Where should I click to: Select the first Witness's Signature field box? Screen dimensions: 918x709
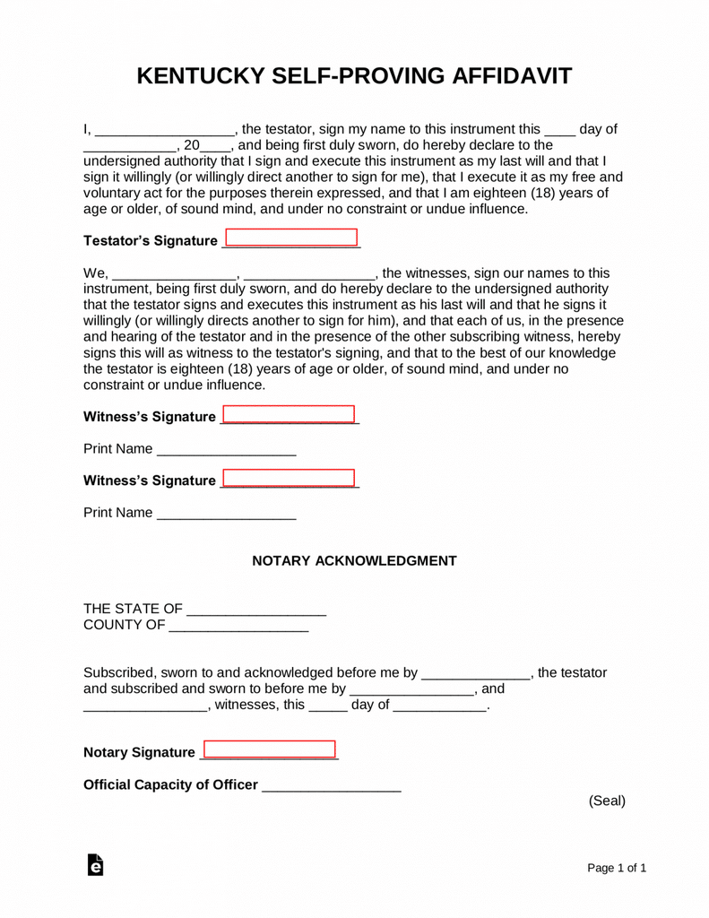(289, 416)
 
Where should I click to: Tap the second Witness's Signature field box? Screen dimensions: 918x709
(288, 479)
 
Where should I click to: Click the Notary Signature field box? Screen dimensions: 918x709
(270, 750)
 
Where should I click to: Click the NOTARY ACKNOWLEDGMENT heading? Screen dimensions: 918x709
(354, 561)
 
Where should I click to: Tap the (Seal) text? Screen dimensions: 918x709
(606, 801)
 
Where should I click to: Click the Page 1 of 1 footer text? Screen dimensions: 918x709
(617, 868)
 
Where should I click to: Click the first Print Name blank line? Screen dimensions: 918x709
(226, 450)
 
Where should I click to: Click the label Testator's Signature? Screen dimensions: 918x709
(150, 241)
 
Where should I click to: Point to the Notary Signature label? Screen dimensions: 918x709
(139, 752)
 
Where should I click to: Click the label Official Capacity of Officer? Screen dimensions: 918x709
(170, 785)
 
